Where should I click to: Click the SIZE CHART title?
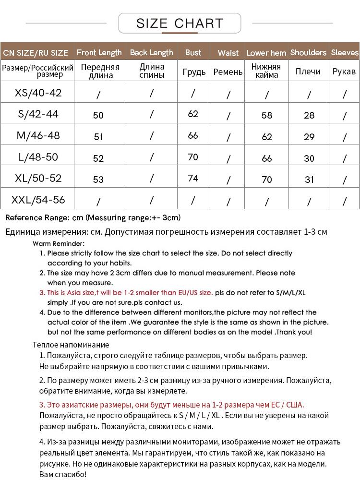(180, 23)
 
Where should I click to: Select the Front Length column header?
(99, 52)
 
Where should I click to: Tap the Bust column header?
(193, 52)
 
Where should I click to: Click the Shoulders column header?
(308, 52)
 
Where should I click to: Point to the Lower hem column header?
(266, 53)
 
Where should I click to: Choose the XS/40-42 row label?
(38, 93)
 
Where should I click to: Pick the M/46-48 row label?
(38, 135)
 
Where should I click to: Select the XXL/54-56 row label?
(38, 200)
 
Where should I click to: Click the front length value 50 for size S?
(98, 115)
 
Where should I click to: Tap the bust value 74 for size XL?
(193, 178)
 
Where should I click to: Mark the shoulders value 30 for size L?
(309, 158)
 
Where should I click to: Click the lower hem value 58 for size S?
(267, 115)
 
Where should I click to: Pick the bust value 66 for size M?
(193, 135)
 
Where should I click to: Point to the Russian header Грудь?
(194, 72)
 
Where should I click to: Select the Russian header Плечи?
(308, 72)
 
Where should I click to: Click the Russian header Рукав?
(344, 72)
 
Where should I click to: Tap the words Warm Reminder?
(59, 244)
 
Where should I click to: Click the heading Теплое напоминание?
(71, 345)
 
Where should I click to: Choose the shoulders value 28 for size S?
(309, 115)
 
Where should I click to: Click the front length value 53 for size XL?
(98, 180)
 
